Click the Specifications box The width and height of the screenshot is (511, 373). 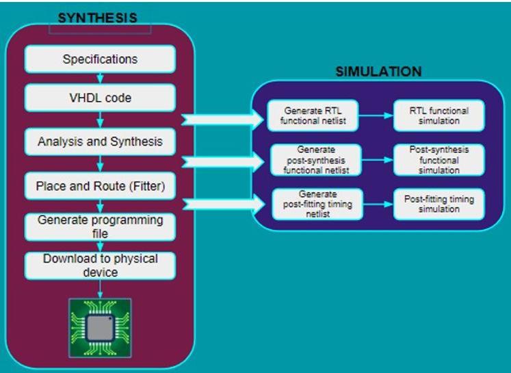tap(100, 59)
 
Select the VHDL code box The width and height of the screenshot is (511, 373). tap(100, 98)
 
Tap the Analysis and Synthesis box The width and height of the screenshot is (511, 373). tap(100, 142)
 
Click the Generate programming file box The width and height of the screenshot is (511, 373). tap(100, 226)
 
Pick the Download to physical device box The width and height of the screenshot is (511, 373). tap(100, 266)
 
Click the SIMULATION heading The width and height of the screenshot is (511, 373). tap(378, 72)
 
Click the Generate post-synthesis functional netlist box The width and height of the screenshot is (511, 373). tap(305, 160)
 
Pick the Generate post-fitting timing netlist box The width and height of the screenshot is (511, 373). tap(305, 204)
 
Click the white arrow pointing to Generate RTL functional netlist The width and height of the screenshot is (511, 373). tap(222, 120)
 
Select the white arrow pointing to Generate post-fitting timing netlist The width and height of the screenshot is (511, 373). tap(222, 203)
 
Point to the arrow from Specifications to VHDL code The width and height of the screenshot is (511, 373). tap(101, 79)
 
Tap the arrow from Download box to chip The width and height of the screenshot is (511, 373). tap(101, 289)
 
